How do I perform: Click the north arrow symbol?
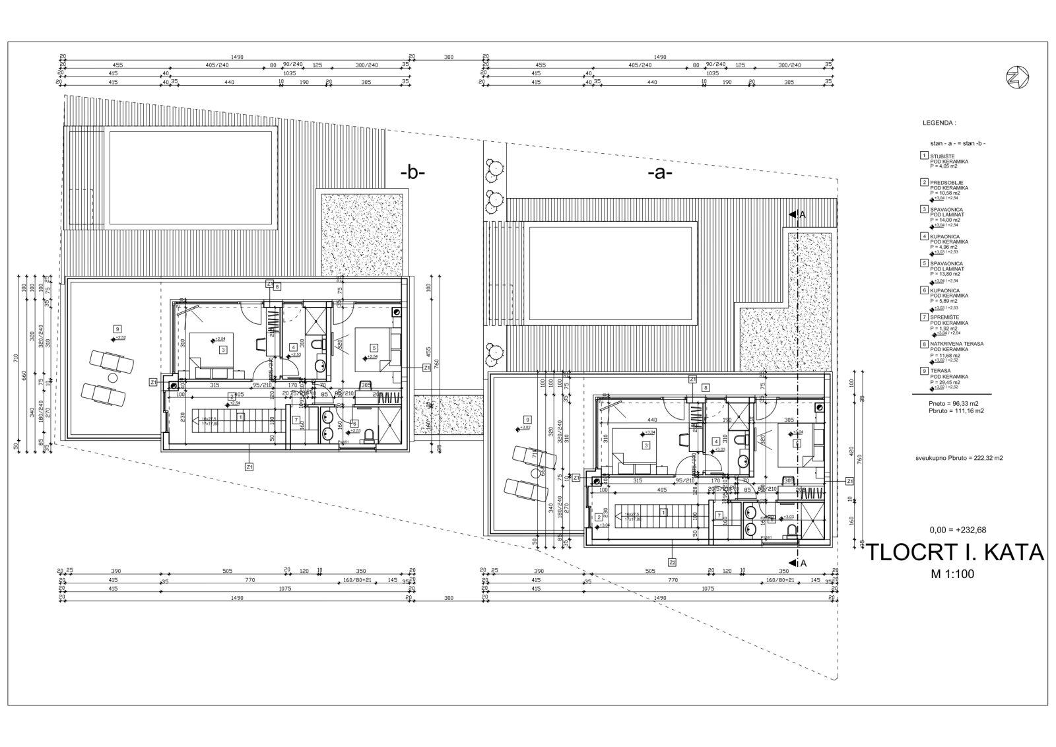(1014, 77)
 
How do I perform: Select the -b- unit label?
(413, 174)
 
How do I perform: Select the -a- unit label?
(659, 174)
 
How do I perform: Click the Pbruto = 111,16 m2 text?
(956, 410)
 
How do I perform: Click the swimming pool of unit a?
(612, 272)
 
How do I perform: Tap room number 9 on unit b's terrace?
(117, 329)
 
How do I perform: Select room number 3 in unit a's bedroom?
(646, 445)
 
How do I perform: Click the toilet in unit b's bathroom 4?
(319, 344)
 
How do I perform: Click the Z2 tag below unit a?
(672, 563)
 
